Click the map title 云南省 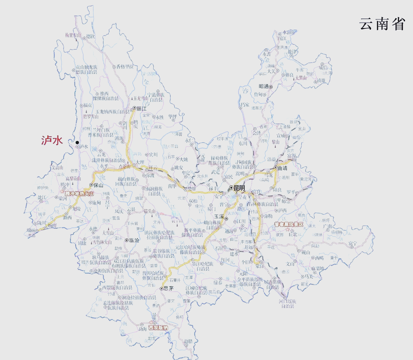[382, 24]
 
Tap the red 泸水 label [52, 140]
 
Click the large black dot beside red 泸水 [77, 143]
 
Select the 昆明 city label [239, 188]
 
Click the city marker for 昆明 [231, 188]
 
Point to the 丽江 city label [141, 109]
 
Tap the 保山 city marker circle [91, 185]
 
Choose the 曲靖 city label [282, 168]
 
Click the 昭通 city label [264, 86]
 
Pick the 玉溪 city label [219, 216]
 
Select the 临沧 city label [134, 240]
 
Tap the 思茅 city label [169, 288]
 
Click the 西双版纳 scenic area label [158, 328]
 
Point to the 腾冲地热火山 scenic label [79, 194]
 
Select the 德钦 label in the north [91, 36]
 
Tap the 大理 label [140, 162]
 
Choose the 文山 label [290, 264]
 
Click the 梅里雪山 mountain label [73, 35]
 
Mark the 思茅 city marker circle [162, 289]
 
